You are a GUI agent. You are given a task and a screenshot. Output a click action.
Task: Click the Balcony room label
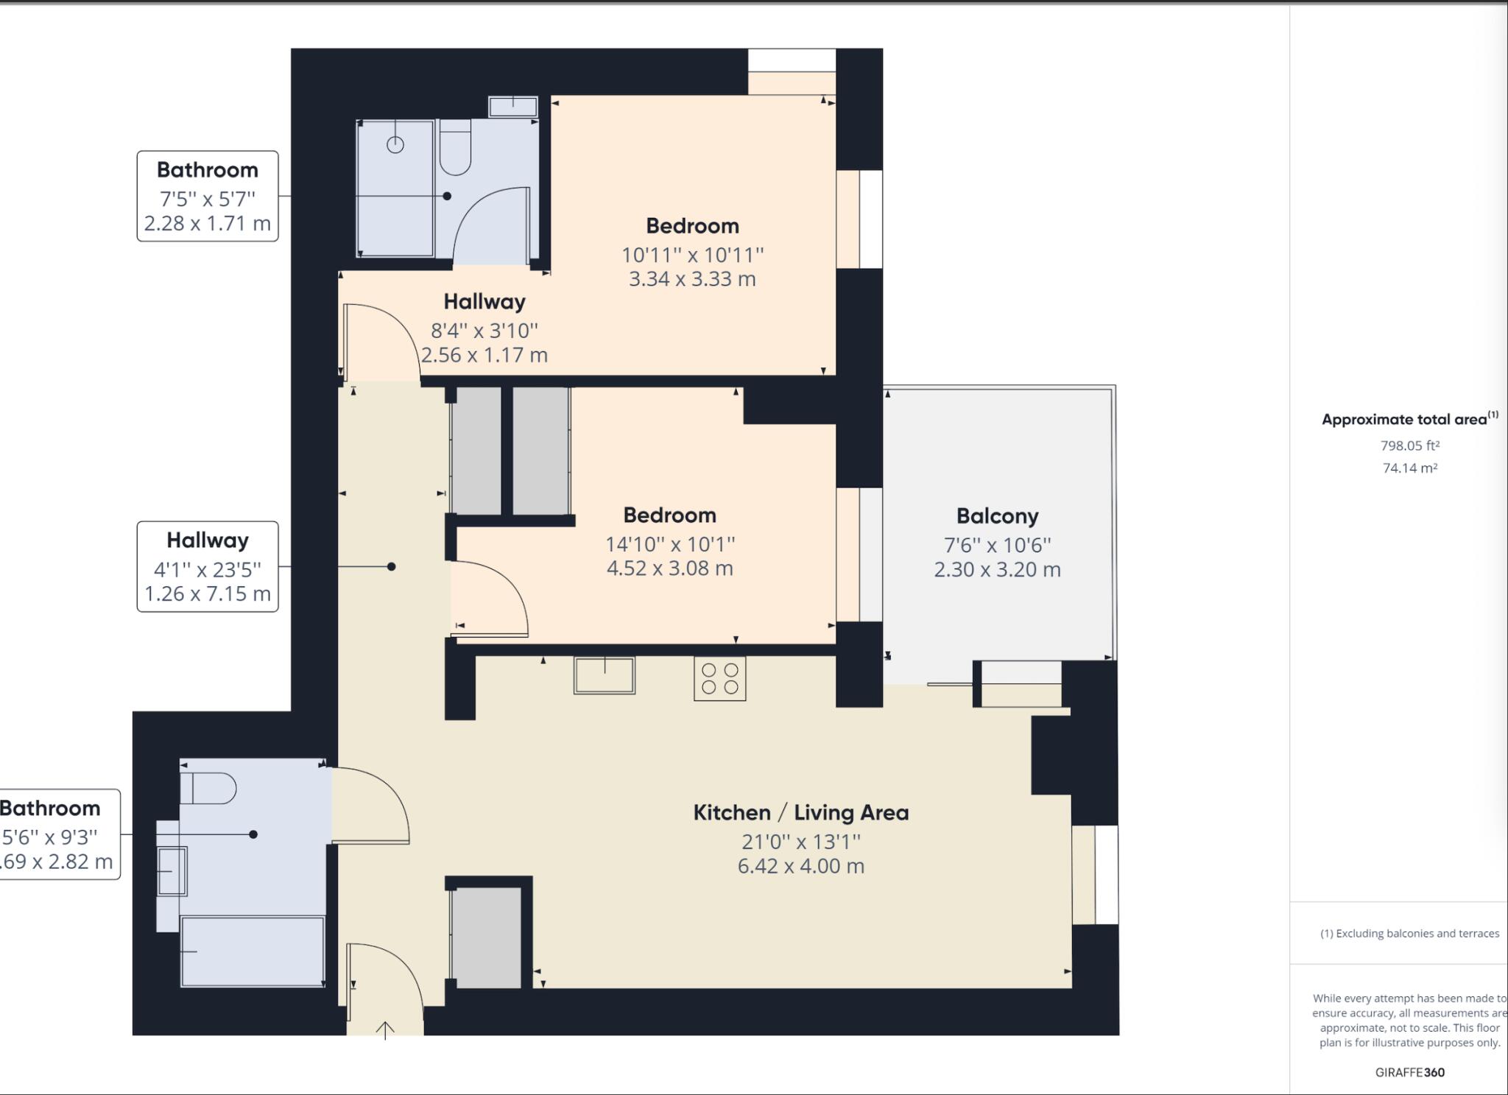pyautogui.click(x=997, y=516)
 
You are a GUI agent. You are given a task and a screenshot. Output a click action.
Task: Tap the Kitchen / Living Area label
pyautogui.click(x=800, y=812)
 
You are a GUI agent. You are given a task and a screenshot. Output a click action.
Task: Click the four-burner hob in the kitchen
pyautogui.click(x=719, y=678)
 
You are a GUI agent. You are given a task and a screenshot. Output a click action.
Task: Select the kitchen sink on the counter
pyautogui.click(x=605, y=675)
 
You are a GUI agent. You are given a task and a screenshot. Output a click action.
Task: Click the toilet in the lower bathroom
pyautogui.click(x=208, y=789)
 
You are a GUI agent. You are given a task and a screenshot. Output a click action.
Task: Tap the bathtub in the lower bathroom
pyautogui.click(x=253, y=951)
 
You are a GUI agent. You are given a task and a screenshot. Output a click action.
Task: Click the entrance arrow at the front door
pyautogui.click(x=385, y=1029)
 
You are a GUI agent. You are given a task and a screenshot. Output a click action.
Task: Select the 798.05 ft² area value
pyautogui.click(x=1409, y=446)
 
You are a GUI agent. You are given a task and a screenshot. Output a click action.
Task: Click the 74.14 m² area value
pyautogui.click(x=1409, y=468)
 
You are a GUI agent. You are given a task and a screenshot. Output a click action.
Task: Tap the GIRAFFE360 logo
pyautogui.click(x=1409, y=1072)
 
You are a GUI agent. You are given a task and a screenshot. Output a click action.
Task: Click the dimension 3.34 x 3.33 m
pyautogui.click(x=691, y=279)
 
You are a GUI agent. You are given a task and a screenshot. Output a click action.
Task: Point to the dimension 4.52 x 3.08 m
pyautogui.click(x=669, y=568)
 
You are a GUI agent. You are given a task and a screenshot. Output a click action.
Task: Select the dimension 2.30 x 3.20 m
pyautogui.click(x=997, y=569)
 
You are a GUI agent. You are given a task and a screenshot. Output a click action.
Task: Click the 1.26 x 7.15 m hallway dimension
pyautogui.click(x=208, y=594)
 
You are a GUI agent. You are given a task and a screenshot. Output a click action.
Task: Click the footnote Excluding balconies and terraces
pyautogui.click(x=1409, y=933)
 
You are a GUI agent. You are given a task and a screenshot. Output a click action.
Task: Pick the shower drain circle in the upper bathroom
pyautogui.click(x=395, y=145)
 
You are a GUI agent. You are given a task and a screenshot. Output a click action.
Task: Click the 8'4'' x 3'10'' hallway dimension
pyautogui.click(x=484, y=331)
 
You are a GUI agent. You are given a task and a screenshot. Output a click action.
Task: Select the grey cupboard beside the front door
pyautogui.click(x=485, y=937)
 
